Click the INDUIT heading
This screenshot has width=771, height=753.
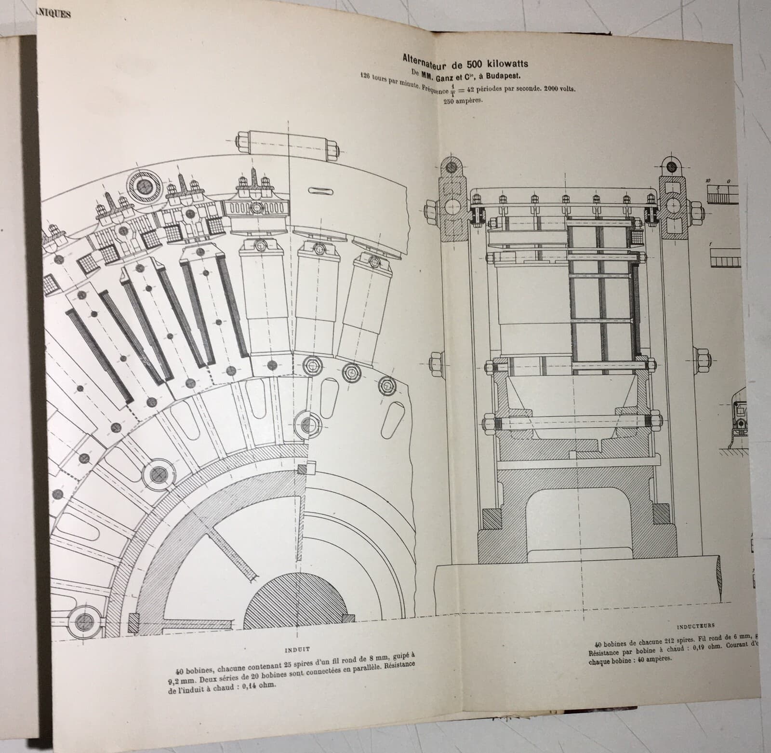pyautogui.click(x=298, y=649)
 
